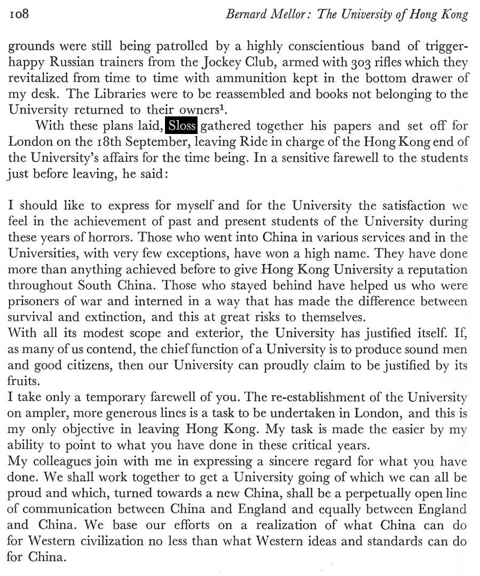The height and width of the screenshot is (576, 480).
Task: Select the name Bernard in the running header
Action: pyautogui.click(x=246, y=14)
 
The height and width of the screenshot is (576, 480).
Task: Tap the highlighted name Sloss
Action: pyautogui.click(x=182, y=127)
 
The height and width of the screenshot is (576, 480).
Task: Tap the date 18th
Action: pyautogui.click(x=102, y=143)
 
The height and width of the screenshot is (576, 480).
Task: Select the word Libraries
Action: pyautogui.click(x=97, y=94)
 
